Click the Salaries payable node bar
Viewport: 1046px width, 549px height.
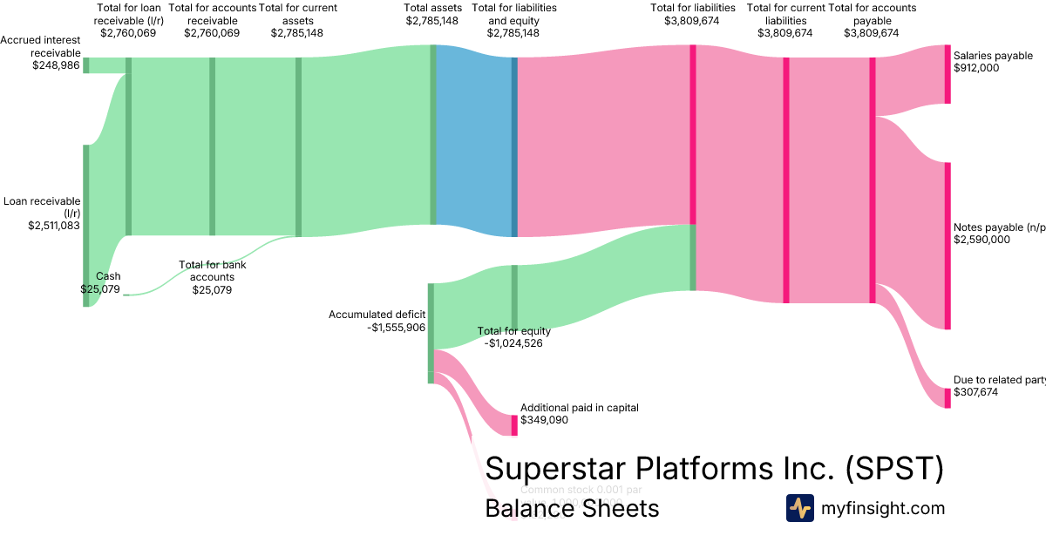pyautogui.click(x=948, y=74)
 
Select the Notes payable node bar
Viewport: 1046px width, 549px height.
pyautogui.click(x=948, y=246)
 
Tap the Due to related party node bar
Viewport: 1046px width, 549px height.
pyautogui.click(x=948, y=398)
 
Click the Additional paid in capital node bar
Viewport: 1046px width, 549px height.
pyautogui.click(x=514, y=425)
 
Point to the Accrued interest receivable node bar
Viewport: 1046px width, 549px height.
pyautogui.click(x=86, y=65)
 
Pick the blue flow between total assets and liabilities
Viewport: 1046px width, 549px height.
pyautogui.click(x=473, y=139)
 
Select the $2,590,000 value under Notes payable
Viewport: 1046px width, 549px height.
pyautogui.click(x=982, y=240)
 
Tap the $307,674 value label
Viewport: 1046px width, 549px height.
pyautogui.click(x=975, y=393)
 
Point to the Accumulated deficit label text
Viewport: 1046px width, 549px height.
pyautogui.click(x=377, y=315)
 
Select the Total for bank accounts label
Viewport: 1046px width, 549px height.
pyautogui.click(x=207, y=271)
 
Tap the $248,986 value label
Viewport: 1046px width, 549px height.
pyautogui.click(x=56, y=65)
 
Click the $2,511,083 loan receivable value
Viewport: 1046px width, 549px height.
pyautogui.click(x=54, y=225)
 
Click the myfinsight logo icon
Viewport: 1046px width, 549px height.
pyautogui.click(x=799, y=508)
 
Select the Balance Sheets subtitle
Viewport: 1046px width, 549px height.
pyautogui.click(x=572, y=508)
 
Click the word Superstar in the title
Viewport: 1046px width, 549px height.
pyautogui.click(x=559, y=468)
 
